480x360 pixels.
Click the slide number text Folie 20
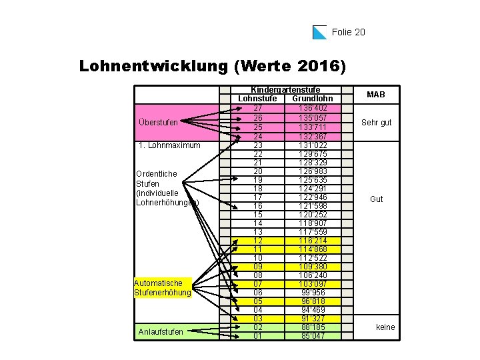(x=348, y=32)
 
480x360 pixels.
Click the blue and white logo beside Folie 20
(x=319, y=32)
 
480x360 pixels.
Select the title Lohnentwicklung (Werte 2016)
(x=213, y=67)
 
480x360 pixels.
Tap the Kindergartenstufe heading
(x=285, y=89)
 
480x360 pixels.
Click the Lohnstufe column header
(x=257, y=99)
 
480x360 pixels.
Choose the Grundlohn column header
(x=312, y=99)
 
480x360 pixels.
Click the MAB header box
(x=376, y=95)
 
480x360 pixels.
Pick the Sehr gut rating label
(x=376, y=123)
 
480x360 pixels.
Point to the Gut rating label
(x=376, y=199)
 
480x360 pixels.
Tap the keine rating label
(x=385, y=327)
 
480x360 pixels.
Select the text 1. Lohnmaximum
(x=167, y=145)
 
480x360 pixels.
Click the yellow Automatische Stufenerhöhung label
(x=162, y=287)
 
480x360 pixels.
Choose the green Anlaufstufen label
(x=161, y=331)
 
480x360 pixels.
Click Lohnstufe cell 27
(x=257, y=107)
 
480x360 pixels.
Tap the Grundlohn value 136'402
(x=312, y=107)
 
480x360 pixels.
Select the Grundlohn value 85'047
(x=312, y=335)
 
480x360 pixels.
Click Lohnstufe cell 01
(x=257, y=335)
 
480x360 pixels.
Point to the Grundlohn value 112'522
(x=312, y=257)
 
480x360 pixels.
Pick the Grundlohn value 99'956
(x=312, y=292)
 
